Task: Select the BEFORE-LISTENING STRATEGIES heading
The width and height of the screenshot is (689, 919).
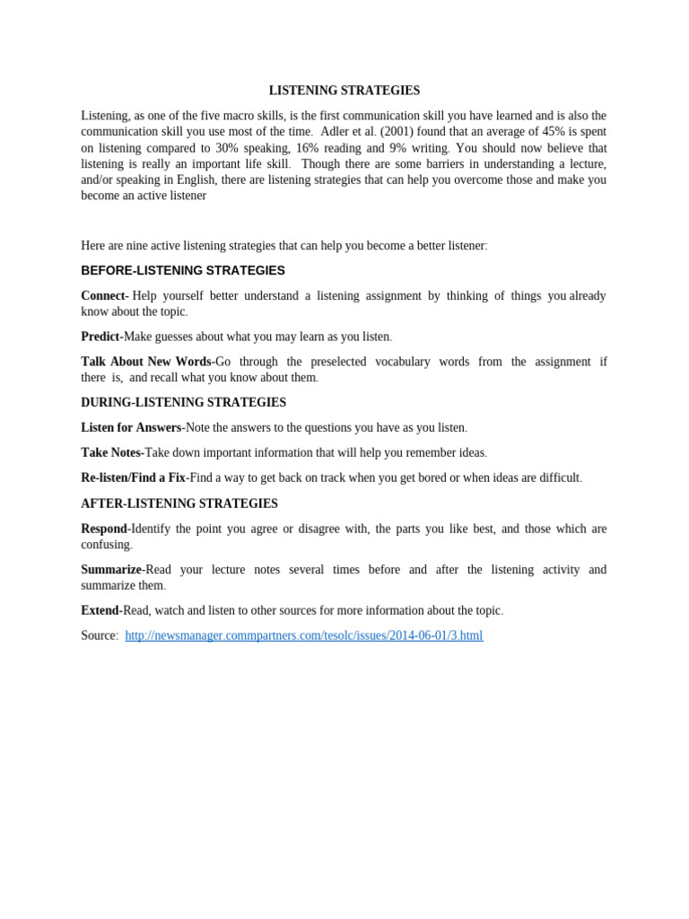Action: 183,270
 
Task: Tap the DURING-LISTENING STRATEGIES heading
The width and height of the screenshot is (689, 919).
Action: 183,402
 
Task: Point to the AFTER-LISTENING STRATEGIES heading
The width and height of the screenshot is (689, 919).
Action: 179,503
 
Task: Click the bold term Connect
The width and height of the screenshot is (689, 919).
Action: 104,295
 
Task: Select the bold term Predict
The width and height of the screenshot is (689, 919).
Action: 100,337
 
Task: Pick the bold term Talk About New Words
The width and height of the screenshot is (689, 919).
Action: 146,362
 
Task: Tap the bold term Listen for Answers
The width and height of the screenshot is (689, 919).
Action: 131,427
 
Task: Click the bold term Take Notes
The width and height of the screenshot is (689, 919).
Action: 111,452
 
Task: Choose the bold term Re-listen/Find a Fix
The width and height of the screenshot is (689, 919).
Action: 133,477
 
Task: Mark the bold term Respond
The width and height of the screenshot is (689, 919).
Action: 104,529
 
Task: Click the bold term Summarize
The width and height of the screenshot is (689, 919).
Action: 111,570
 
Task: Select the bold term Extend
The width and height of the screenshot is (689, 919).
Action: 100,610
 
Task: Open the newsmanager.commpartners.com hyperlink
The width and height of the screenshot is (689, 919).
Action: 303,635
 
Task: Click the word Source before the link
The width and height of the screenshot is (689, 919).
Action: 98,635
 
